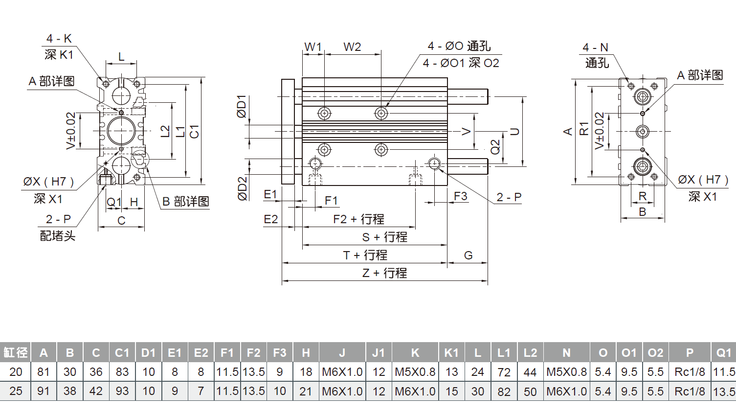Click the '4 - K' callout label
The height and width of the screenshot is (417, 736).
59,39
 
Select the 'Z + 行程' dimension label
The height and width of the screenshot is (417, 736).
384,273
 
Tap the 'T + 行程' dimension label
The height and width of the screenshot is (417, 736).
365,255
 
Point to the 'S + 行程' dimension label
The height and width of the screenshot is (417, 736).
384,237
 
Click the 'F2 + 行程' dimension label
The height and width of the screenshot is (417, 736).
358,219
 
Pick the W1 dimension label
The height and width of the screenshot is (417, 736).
313,47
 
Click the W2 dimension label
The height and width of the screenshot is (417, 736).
352,47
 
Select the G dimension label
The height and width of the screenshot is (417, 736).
468,255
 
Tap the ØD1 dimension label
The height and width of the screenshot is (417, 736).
242,107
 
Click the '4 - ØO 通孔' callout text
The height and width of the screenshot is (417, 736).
459,46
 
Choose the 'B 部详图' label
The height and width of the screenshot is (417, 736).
185,202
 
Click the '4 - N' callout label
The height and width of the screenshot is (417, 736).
595,47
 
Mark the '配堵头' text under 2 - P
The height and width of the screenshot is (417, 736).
58,236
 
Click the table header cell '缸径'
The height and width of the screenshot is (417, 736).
15,352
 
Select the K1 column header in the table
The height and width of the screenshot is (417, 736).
451,352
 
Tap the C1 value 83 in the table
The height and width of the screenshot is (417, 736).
122,372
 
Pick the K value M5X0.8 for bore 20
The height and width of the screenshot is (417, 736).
415,372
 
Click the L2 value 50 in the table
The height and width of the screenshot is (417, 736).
530,392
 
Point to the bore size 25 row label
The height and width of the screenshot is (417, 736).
16,392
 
